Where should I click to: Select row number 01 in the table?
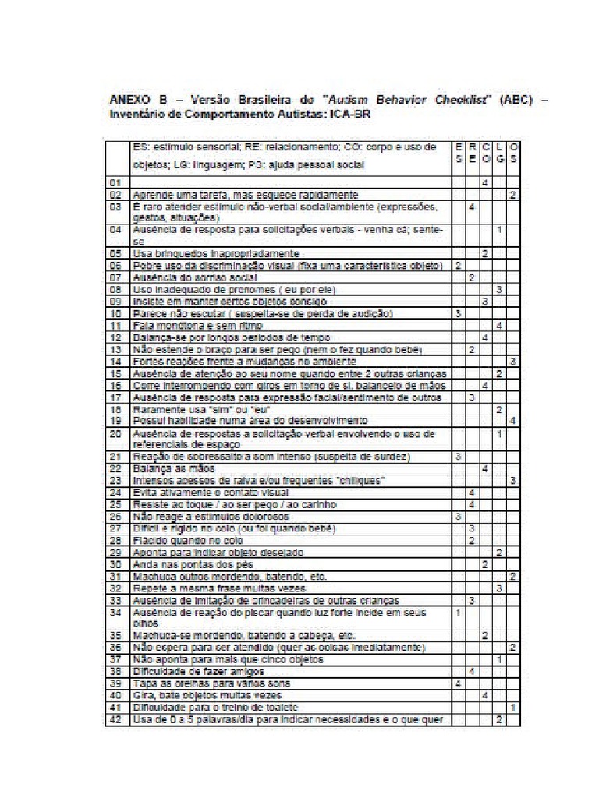tap(115, 182)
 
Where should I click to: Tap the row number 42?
tap(115, 719)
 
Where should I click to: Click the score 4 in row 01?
tap(485, 182)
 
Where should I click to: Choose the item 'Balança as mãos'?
tap(166, 468)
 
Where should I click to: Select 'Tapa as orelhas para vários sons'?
tap(204, 683)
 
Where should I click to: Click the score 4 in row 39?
tap(458, 683)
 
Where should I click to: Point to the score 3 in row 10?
tap(458, 312)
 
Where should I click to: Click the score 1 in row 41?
tap(512, 707)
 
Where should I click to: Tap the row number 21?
tap(115, 455)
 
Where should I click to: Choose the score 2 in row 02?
tap(512, 194)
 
